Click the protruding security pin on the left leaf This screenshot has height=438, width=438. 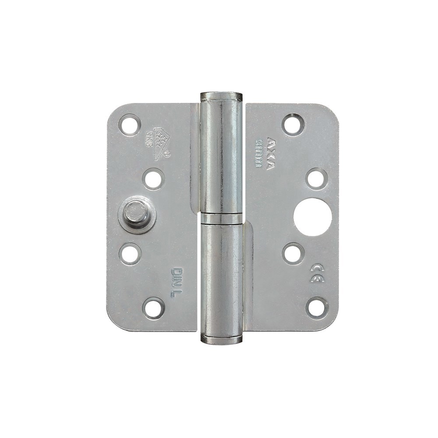pyautogui.click(x=136, y=214)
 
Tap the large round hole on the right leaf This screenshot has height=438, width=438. pyautogui.click(x=312, y=217)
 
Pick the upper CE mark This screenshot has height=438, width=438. pyautogui.click(x=317, y=268)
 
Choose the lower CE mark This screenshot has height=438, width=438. pyautogui.click(x=317, y=278)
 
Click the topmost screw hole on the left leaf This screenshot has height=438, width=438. pyautogui.click(x=129, y=124)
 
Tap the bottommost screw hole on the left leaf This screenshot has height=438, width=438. pyautogui.click(x=153, y=308)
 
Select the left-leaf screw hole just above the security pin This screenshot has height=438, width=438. pyautogui.click(x=153, y=179)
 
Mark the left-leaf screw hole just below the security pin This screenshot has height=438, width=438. pyautogui.click(x=130, y=254)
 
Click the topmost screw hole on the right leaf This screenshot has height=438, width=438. pyautogui.click(x=293, y=124)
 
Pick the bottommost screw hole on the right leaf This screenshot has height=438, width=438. pyautogui.click(x=317, y=307)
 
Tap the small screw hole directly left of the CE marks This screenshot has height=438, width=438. pyautogui.click(x=293, y=254)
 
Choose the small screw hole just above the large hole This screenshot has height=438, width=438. pyautogui.click(x=316, y=179)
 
